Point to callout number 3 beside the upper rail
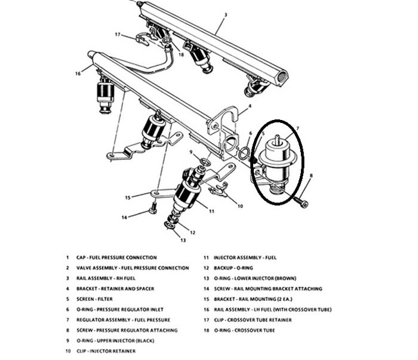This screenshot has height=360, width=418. [x=226, y=14]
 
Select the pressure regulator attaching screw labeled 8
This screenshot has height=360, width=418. [x=303, y=204]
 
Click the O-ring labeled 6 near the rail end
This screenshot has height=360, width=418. [x=244, y=154]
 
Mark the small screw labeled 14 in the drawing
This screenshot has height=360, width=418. [x=153, y=208]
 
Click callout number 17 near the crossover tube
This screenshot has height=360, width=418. [x=118, y=34]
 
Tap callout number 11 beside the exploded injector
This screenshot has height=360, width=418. [x=211, y=211]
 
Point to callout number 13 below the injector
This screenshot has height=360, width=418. [x=183, y=239]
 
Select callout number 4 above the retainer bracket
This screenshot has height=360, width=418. [x=250, y=106]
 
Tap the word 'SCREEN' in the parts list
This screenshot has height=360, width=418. [x=87, y=299]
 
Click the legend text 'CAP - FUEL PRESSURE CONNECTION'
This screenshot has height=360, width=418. [x=116, y=258]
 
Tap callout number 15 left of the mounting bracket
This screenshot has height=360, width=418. [x=128, y=196]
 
